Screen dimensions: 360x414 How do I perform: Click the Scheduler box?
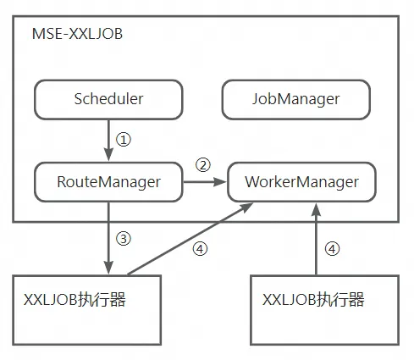pyautogui.click(x=108, y=99)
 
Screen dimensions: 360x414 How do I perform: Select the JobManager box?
pyautogui.click(x=295, y=99)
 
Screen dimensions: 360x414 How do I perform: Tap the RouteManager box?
pyautogui.click(x=108, y=180)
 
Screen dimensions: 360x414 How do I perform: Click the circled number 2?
pyautogui.click(x=202, y=163)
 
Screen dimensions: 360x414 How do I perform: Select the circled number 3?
pyautogui.click(x=124, y=238)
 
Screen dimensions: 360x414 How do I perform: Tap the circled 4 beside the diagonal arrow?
pyautogui.click(x=200, y=249)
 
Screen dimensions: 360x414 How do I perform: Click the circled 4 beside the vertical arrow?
pyautogui.click(x=332, y=249)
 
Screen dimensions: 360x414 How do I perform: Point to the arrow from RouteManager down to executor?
pyautogui.click(x=108, y=237)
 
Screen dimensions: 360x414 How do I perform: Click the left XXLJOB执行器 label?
pyautogui.click(x=75, y=299)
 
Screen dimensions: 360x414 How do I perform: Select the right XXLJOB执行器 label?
pyautogui.click(x=313, y=299)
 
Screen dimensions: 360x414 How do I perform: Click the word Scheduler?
pyautogui.click(x=108, y=99)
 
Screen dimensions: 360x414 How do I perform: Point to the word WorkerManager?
pyautogui.click(x=301, y=181)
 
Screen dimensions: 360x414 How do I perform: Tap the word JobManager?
pyautogui.click(x=295, y=99)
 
